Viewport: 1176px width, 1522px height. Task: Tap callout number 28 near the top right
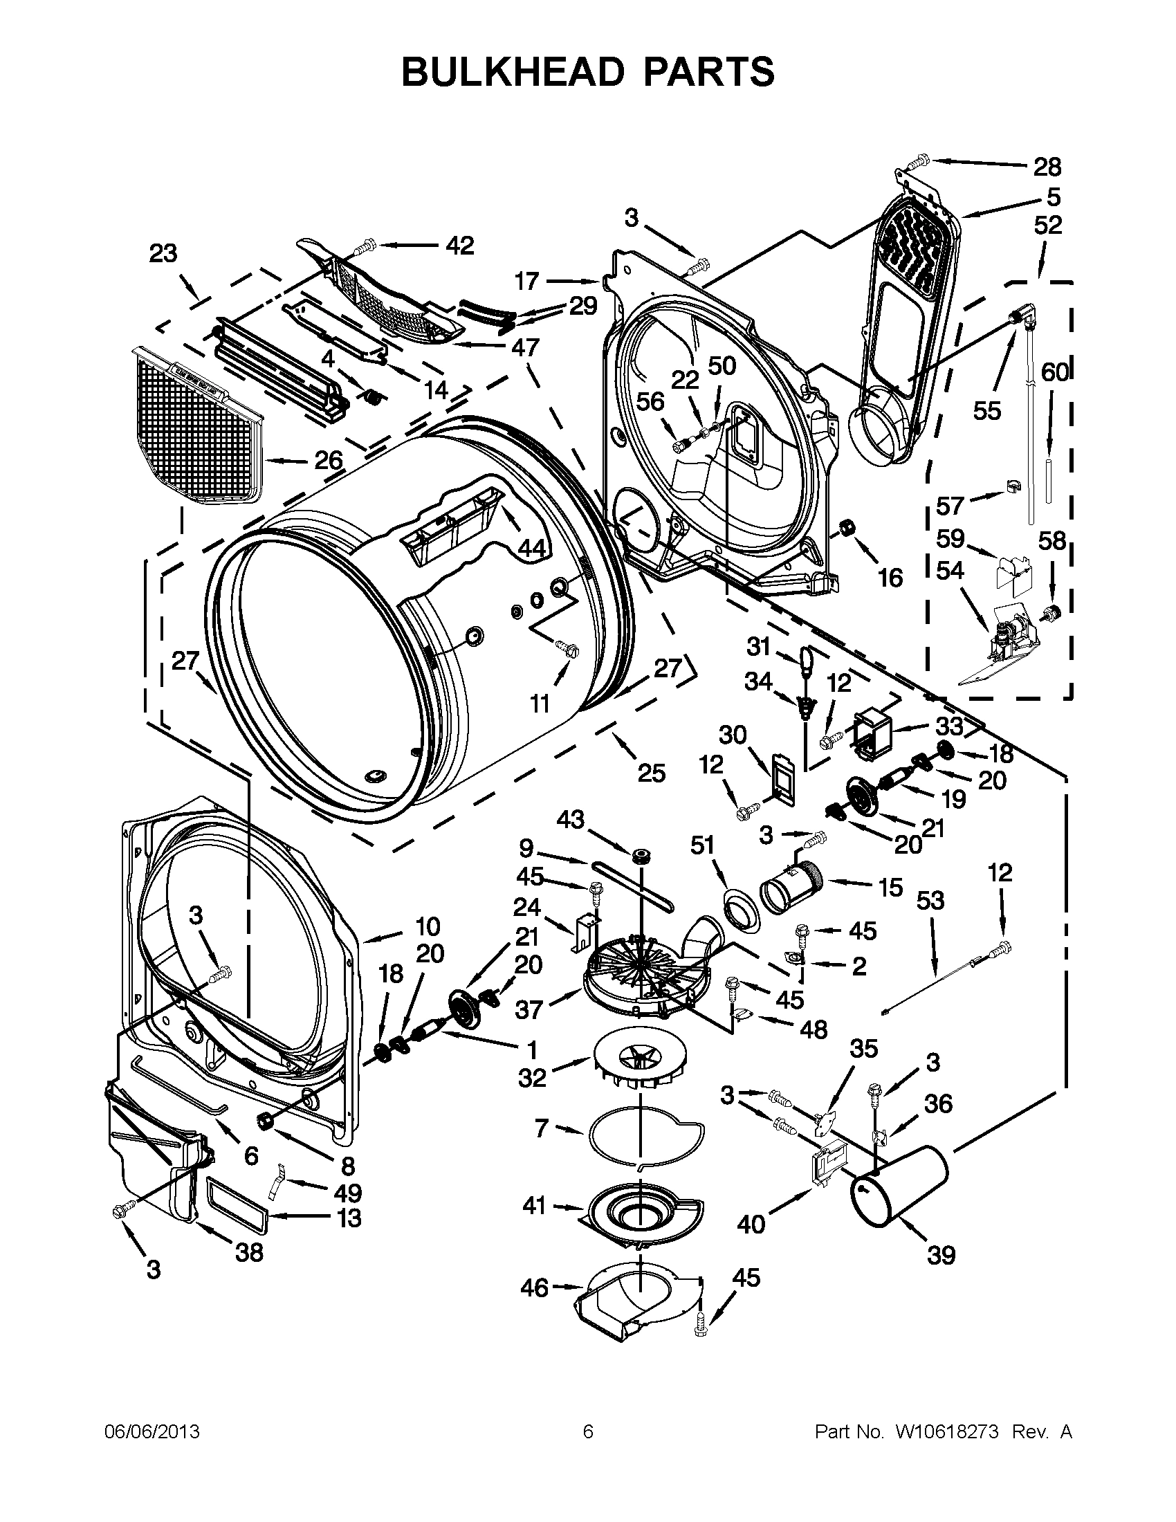pos(1047,167)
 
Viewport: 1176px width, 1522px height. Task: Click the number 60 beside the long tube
pos(1054,373)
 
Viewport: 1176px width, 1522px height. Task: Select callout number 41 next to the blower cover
pos(534,1205)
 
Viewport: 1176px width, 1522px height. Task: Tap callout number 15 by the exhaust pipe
pos(890,888)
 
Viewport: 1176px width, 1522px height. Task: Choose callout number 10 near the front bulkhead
pos(428,927)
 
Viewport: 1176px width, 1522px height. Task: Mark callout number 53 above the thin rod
pos(929,901)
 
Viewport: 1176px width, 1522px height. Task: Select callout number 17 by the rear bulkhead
pos(527,281)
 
